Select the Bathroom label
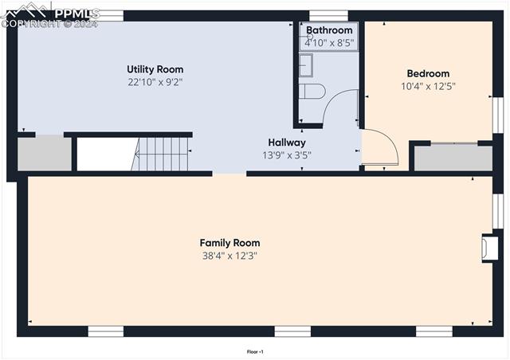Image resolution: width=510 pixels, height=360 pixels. point(329,30)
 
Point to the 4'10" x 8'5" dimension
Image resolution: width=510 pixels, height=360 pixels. point(329,42)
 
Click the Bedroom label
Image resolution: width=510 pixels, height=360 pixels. point(428,73)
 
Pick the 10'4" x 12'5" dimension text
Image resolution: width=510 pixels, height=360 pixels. point(428,85)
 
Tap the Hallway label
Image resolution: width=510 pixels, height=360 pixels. point(286,143)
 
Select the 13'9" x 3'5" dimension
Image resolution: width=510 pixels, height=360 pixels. point(286,155)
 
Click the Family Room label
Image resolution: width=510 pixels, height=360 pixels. point(229,243)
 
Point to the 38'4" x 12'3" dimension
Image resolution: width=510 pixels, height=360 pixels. point(229,256)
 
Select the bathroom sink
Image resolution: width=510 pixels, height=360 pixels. point(306,65)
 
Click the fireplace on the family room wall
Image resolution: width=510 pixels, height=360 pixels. point(488,248)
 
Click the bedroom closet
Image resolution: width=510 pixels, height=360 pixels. point(453,157)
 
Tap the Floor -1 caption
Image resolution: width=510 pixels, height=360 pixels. point(255,351)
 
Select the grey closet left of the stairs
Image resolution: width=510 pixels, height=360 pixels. point(45,154)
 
